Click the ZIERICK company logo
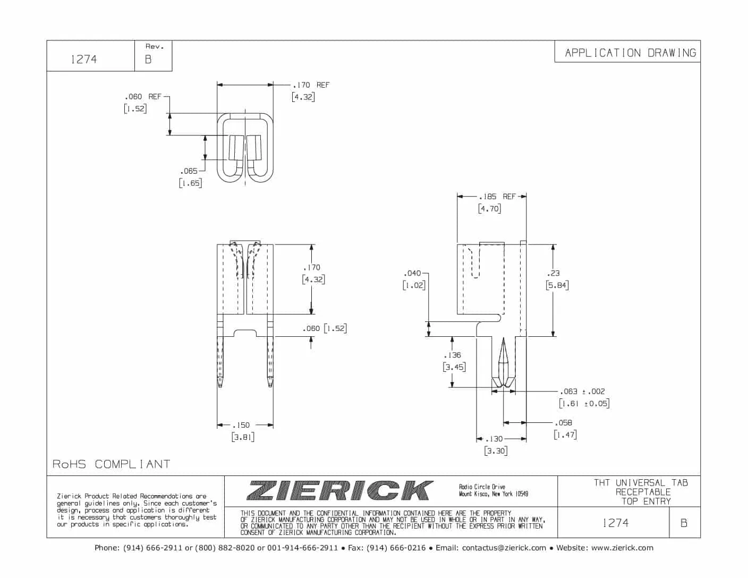coord(340,490)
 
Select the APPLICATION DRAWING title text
coord(630,53)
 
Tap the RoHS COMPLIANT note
coord(111,464)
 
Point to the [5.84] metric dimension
coord(557,285)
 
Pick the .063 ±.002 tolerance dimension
coord(583,392)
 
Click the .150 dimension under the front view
coord(241,425)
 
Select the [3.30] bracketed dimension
coord(496,451)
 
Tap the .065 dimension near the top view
coord(189,171)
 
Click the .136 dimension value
coord(453,355)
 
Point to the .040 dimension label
coord(412,273)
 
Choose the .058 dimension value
coord(563,423)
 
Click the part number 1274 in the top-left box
coord(84,59)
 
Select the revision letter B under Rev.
coord(148,59)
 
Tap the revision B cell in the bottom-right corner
coord(684,523)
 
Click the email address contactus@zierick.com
coord(504,548)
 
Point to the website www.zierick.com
coord(622,548)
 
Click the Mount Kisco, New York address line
coord(494,494)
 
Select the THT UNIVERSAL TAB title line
coord(641,482)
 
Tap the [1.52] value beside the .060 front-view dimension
coord(335,328)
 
